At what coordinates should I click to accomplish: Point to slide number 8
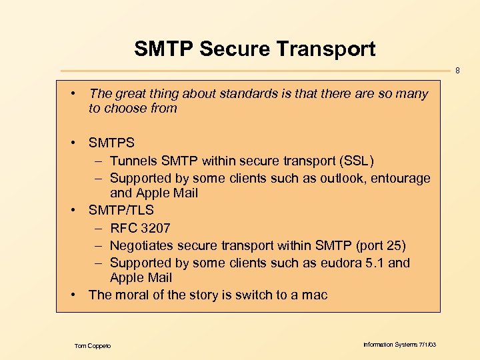pyautogui.click(x=457, y=69)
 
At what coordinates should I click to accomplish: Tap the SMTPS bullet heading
pyautogui.click(x=111, y=143)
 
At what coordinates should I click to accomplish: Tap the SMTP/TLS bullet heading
pyautogui.click(x=121, y=211)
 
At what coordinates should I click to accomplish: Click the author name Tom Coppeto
pyautogui.click(x=93, y=345)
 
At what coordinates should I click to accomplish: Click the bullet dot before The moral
pyautogui.click(x=77, y=295)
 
